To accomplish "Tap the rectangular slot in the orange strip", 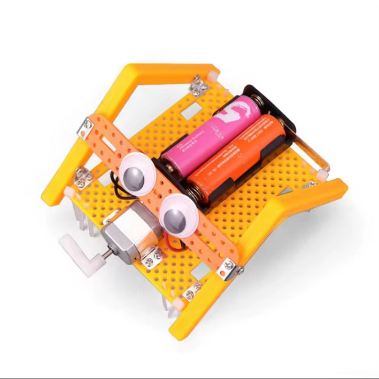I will coord(107,137).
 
